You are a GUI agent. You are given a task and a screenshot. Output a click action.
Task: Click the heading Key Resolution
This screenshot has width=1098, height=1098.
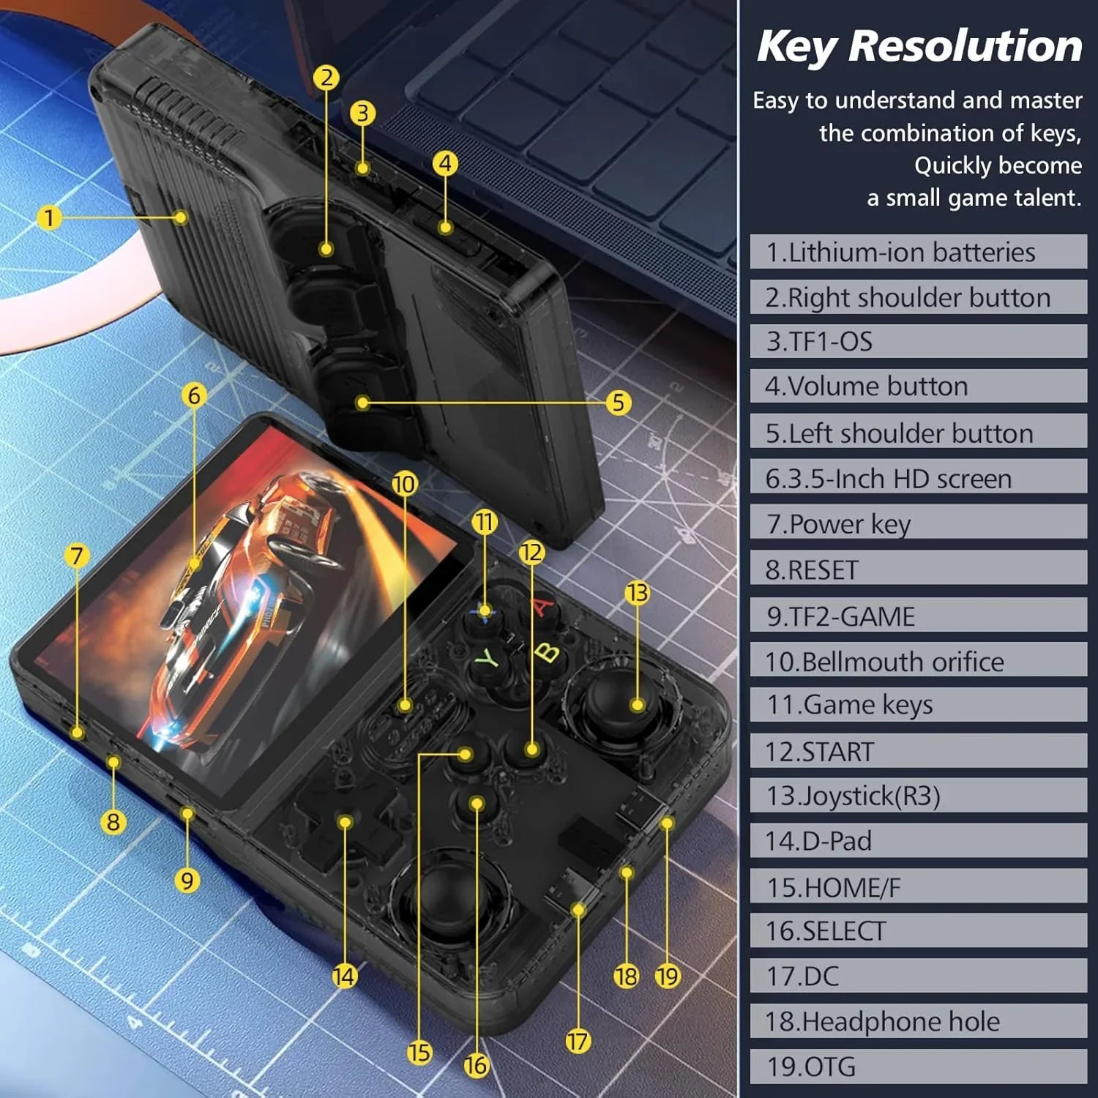[x=919, y=46]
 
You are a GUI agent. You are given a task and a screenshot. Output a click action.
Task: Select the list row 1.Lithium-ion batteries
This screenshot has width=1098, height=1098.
[x=918, y=252]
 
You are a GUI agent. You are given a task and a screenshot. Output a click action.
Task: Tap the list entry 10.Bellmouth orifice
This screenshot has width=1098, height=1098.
[x=918, y=661]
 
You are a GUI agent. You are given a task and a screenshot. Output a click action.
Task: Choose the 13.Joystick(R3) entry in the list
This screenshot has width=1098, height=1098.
[x=918, y=796]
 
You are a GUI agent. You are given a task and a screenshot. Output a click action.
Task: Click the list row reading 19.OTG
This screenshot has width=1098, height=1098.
[x=918, y=1067]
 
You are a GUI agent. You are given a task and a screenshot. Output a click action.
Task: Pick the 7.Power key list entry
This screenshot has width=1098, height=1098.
[x=918, y=523]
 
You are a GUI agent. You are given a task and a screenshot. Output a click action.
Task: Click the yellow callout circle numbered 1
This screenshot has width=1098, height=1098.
[x=49, y=217]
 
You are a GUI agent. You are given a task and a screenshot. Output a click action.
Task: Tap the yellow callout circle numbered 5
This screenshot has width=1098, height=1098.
[x=619, y=402]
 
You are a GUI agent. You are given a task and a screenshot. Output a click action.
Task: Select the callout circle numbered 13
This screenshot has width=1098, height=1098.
[x=637, y=592]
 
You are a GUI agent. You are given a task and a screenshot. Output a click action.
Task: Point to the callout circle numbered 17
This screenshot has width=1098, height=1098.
[x=577, y=1040]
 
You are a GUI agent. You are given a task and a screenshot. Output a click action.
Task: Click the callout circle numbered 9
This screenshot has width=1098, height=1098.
[x=187, y=880]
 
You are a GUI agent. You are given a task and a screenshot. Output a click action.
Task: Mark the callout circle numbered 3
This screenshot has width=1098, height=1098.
[x=362, y=113]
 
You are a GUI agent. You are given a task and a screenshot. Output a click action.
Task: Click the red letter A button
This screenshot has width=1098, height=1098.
[x=542, y=607]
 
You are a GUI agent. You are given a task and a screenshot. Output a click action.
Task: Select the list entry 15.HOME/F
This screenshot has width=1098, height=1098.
[x=918, y=887]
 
